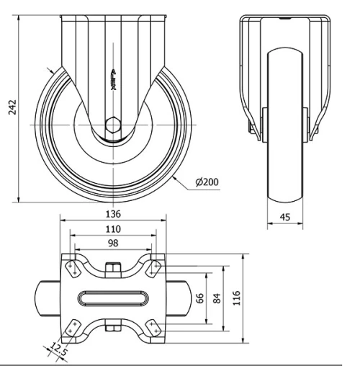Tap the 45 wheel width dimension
tap(286, 217)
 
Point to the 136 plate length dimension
tap(112, 213)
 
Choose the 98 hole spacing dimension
tap(112, 244)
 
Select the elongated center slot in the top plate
tap(112, 297)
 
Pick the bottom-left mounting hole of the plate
tap(72, 327)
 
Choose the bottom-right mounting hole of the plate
tap(153, 327)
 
